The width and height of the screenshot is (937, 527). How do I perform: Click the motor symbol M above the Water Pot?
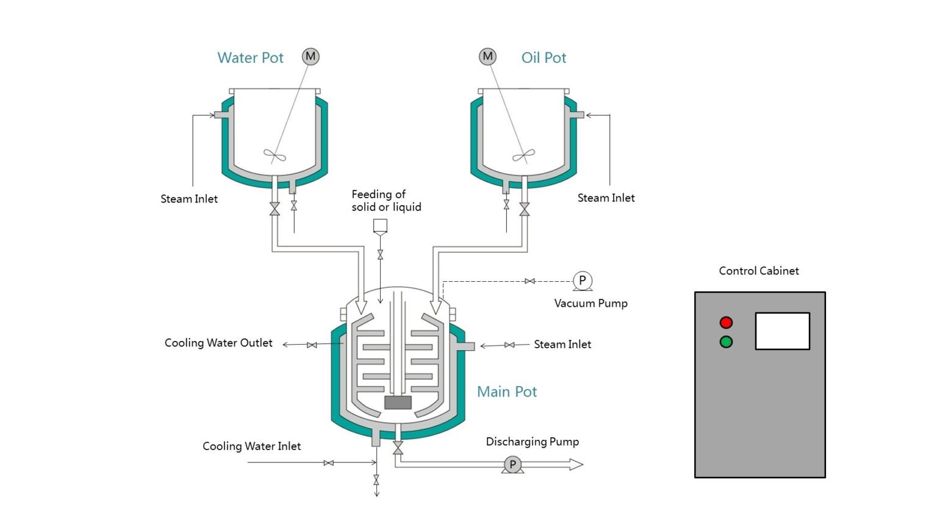pos(311,57)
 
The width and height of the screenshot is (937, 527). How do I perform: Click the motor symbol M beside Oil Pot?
pos(487,57)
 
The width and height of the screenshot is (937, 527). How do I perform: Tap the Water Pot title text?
pos(250,58)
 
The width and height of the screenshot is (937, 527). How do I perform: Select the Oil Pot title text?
pos(544,58)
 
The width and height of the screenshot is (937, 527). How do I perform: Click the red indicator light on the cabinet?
pos(726,322)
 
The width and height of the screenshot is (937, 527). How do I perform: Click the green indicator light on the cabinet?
pos(726,342)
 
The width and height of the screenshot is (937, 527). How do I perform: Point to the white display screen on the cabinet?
pos(782,331)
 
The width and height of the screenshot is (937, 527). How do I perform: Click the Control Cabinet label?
pos(758,271)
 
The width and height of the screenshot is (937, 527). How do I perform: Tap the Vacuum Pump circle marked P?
pos(582,281)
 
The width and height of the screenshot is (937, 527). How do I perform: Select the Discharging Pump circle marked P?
pos(512,465)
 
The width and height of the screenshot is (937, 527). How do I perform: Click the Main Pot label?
pos(506,392)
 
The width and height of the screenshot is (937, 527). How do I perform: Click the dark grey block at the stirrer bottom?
pos(398,403)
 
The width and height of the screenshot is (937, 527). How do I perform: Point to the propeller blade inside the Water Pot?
pos(275,156)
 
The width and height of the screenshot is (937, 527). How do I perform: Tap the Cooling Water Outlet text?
pos(218,343)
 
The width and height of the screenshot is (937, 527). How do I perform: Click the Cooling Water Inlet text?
pos(251,446)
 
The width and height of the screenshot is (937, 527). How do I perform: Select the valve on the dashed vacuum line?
pos(530,281)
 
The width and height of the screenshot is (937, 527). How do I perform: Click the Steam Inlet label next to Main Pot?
pos(562,345)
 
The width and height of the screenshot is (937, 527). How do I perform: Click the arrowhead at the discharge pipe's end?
pos(576,465)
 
